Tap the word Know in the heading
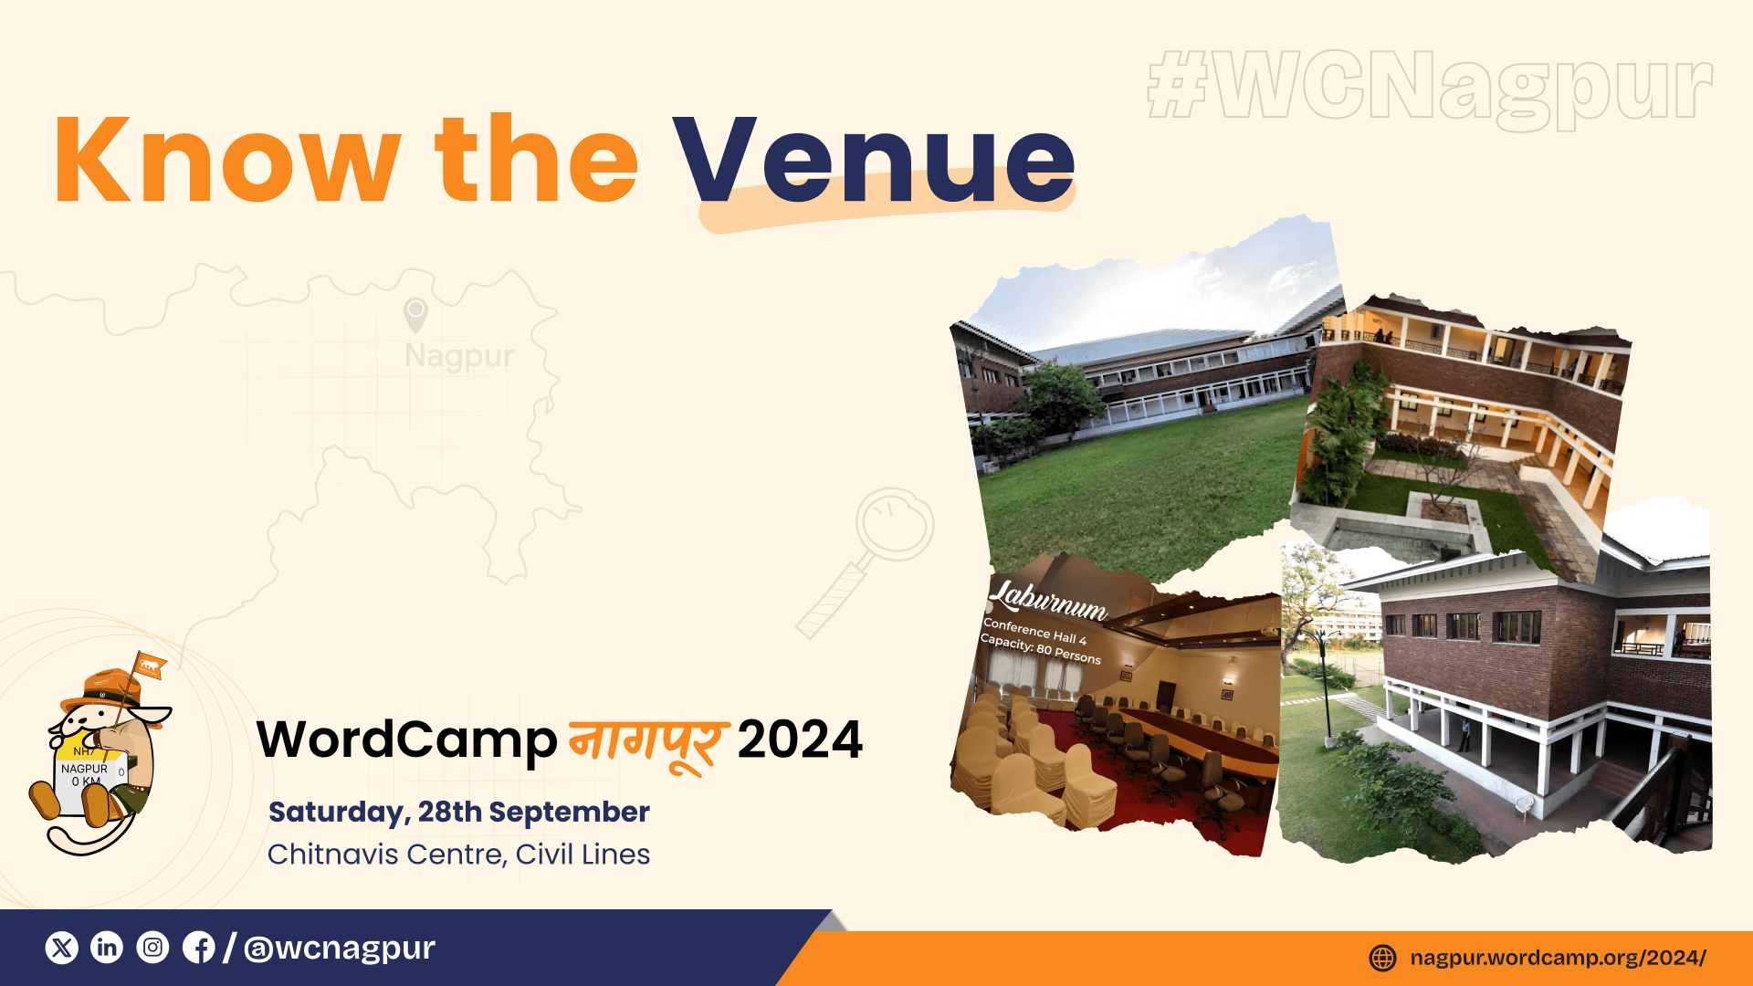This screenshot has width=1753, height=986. [228, 159]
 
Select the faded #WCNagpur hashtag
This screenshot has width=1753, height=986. [1430, 88]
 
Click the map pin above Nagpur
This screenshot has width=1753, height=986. [415, 315]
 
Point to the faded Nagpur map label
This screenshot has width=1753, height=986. [459, 356]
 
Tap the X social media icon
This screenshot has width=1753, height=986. [62, 948]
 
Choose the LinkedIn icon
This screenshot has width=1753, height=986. [107, 948]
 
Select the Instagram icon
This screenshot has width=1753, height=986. [152, 948]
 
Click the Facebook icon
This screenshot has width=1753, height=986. [198, 948]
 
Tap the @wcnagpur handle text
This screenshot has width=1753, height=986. [340, 949]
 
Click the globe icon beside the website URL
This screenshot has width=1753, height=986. [1383, 958]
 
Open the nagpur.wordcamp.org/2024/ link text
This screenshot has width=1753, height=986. [1558, 958]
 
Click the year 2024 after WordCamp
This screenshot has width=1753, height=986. [800, 739]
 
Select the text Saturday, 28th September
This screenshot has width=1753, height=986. [459, 812]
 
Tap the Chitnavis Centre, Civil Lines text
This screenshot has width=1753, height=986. [459, 855]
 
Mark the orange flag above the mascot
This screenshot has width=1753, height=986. [150, 666]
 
